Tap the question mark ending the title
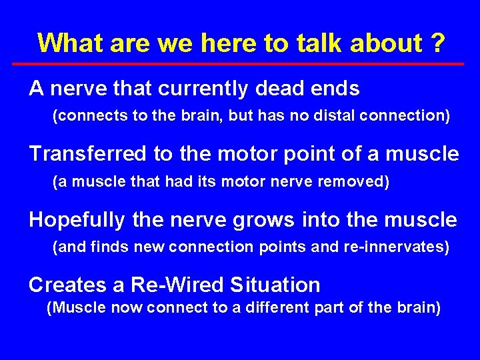(x=437, y=43)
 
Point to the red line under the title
(x=239, y=63)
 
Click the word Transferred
(x=88, y=154)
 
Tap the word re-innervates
(x=396, y=247)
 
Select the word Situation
(x=275, y=285)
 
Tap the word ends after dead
(x=337, y=89)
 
